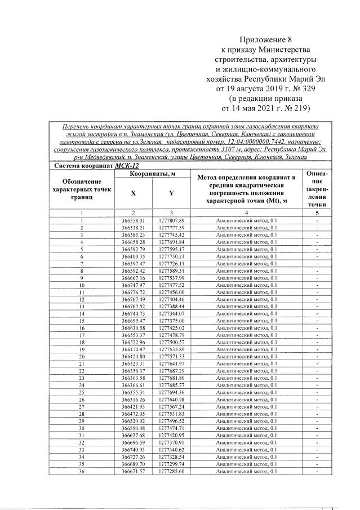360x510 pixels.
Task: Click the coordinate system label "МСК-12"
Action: pos(126,166)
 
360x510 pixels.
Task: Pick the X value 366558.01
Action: pos(133,220)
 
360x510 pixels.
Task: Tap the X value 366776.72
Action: pos(133,292)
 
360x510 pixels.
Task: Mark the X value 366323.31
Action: pos(133,363)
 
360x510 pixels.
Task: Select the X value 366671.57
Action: pos(133,471)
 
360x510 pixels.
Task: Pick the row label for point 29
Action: pos(82,421)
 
